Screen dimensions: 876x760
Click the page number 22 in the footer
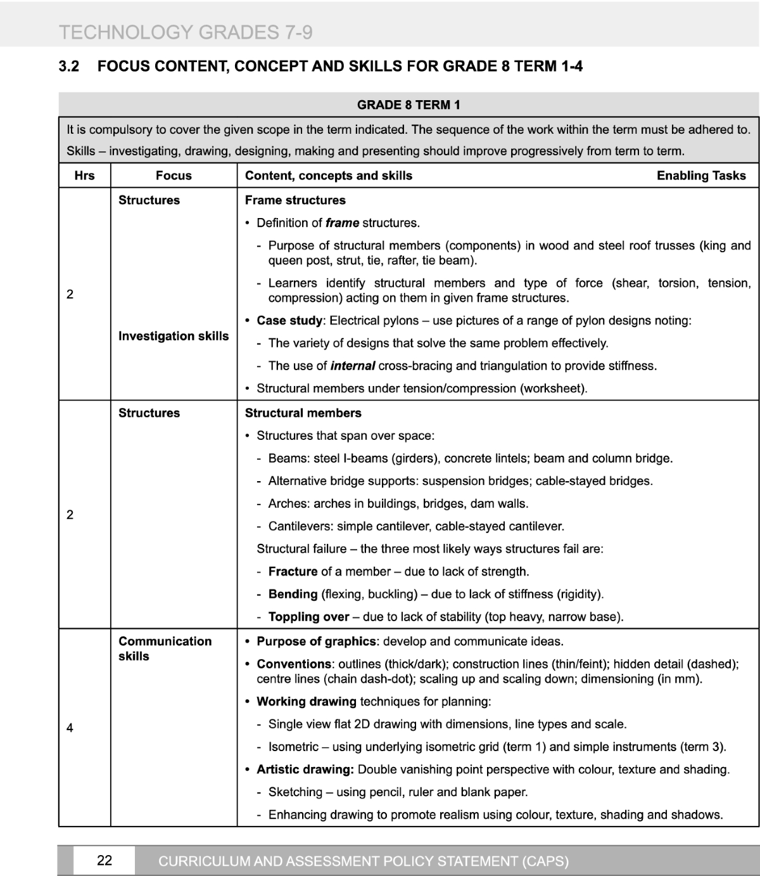click(104, 860)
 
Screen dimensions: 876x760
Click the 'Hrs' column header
click(84, 176)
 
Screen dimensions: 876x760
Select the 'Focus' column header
click(174, 176)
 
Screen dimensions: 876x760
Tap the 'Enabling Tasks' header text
click(701, 176)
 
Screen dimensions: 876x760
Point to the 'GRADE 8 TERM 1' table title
click(408, 105)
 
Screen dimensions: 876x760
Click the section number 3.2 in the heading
click(69, 66)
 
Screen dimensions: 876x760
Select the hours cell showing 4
click(70, 728)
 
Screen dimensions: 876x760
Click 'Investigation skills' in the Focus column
click(174, 336)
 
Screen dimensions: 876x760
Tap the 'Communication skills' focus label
click(165, 648)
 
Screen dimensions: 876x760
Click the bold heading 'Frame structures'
click(295, 200)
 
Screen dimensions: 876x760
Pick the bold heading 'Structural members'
click(303, 413)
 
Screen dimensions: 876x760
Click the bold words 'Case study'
click(289, 321)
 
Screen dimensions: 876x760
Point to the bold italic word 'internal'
click(353, 366)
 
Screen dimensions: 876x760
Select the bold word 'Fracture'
click(293, 572)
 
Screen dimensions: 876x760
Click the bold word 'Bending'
click(293, 594)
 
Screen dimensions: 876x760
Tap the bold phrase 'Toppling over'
click(308, 617)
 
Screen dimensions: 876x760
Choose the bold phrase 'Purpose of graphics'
click(316, 641)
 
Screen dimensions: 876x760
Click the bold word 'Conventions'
click(294, 664)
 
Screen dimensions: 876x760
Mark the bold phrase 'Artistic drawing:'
click(305, 770)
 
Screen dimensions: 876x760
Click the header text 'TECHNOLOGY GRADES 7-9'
click(186, 32)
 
